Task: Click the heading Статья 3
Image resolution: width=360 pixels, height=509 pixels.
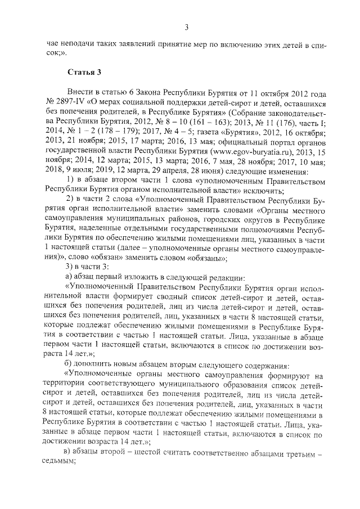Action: click(x=84, y=73)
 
